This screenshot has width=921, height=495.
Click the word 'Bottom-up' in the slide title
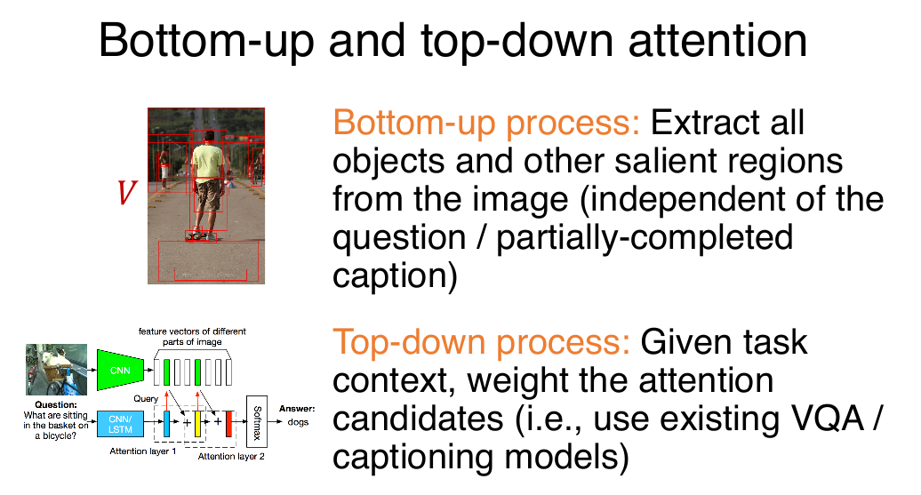[x=206, y=41]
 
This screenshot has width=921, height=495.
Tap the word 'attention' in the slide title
[x=717, y=41]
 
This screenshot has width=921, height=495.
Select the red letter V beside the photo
[x=126, y=192]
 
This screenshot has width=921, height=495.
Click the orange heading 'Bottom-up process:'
[x=485, y=124]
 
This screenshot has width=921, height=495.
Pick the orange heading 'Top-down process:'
[x=481, y=342]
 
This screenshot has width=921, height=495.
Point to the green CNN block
[x=120, y=370]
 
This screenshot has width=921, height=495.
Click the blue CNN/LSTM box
[x=120, y=424]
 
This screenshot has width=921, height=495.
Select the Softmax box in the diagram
[x=257, y=421]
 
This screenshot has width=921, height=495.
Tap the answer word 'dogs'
[x=298, y=422]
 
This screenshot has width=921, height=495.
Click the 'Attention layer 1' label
[x=143, y=451]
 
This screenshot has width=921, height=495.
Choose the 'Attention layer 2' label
[x=231, y=456]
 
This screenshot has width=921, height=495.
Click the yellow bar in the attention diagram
[x=198, y=424]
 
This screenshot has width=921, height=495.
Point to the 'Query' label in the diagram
[x=146, y=399]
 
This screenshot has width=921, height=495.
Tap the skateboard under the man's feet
[x=201, y=236]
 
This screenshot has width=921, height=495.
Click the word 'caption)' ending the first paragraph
[x=395, y=276]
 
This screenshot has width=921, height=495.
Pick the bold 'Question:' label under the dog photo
[x=56, y=404]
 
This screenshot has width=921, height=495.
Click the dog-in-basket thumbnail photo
[x=56, y=370]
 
